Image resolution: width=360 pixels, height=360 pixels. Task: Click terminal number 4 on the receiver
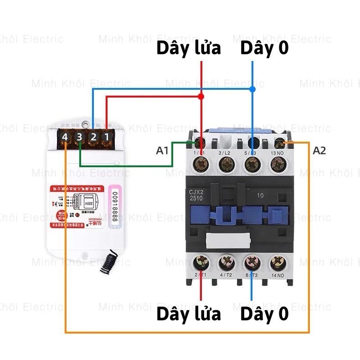pyautogui.click(x=65, y=137)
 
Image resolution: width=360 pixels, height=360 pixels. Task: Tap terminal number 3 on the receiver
pyautogui.click(x=79, y=137)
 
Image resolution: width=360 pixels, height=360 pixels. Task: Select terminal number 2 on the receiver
pyautogui.click(x=93, y=137)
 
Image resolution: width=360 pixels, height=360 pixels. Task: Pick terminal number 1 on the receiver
pyautogui.click(x=106, y=137)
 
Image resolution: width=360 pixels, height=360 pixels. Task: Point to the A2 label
pyautogui.click(x=319, y=150)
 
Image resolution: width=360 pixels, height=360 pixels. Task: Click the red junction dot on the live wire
pyautogui.click(x=201, y=97)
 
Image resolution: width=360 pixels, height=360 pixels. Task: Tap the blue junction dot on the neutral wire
pyautogui.click(x=252, y=89)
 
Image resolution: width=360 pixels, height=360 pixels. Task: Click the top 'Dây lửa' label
pyautogui.click(x=189, y=48)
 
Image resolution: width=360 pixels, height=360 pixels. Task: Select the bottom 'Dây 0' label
pyautogui.click(x=264, y=314)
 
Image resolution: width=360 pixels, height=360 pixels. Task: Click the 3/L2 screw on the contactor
pyautogui.click(x=226, y=163)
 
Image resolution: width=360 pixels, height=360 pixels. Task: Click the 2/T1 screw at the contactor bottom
pyautogui.click(x=201, y=262)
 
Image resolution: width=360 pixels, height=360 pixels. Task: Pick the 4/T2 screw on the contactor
pyautogui.click(x=226, y=262)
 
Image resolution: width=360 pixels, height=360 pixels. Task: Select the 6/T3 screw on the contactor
pyautogui.click(x=252, y=262)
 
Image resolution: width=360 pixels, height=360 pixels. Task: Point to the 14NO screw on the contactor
pyautogui.click(x=278, y=262)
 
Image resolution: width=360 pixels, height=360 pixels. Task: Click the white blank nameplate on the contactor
pyautogui.click(x=229, y=239)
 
